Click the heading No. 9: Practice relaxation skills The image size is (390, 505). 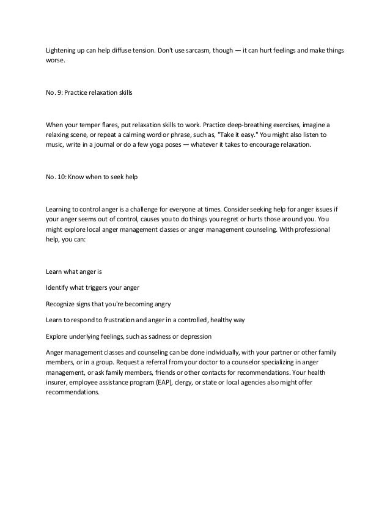point(89,94)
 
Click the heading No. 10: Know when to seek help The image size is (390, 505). point(92,177)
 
